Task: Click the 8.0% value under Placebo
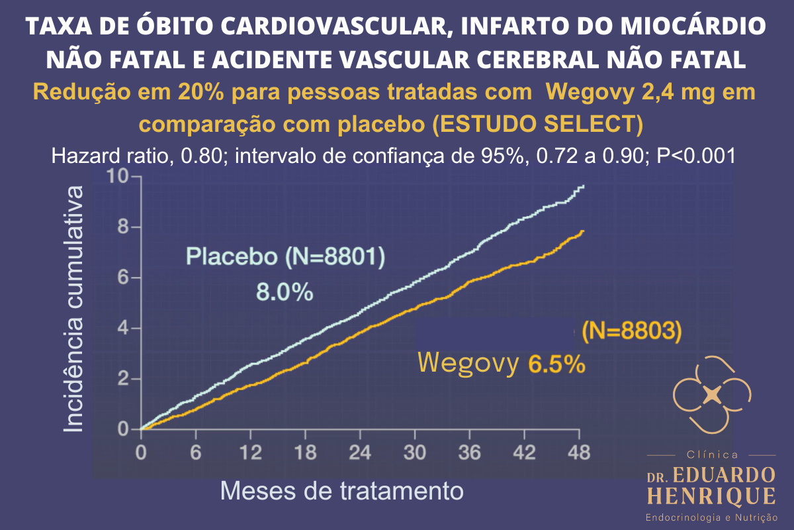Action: [285, 292]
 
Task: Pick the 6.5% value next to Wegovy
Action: [556, 364]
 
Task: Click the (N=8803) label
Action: [631, 331]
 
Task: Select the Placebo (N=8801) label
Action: [285, 256]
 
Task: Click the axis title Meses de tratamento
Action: [341, 491]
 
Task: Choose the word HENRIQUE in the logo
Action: [711, 496]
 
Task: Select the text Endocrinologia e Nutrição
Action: [711, 516]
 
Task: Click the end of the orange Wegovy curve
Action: [583, 231]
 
